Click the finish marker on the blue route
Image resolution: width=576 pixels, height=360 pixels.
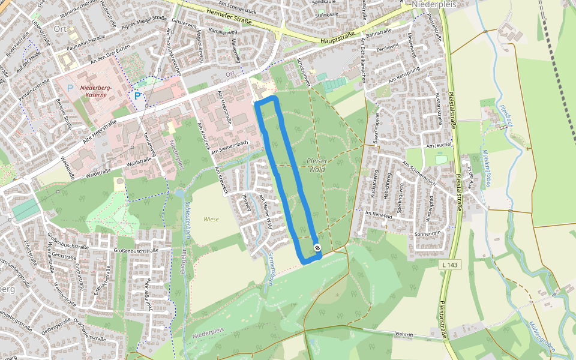coord(317,248)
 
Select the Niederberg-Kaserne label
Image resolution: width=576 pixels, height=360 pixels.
coord(97,91)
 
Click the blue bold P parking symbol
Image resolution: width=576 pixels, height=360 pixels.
coord(137,96)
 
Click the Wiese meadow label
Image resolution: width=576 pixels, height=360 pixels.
coord(211,220)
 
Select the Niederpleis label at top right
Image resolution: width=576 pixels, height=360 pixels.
coord(432,4)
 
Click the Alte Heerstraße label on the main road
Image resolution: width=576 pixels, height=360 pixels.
coord(97,133)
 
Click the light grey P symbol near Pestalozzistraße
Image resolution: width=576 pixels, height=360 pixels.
coord(70,88)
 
